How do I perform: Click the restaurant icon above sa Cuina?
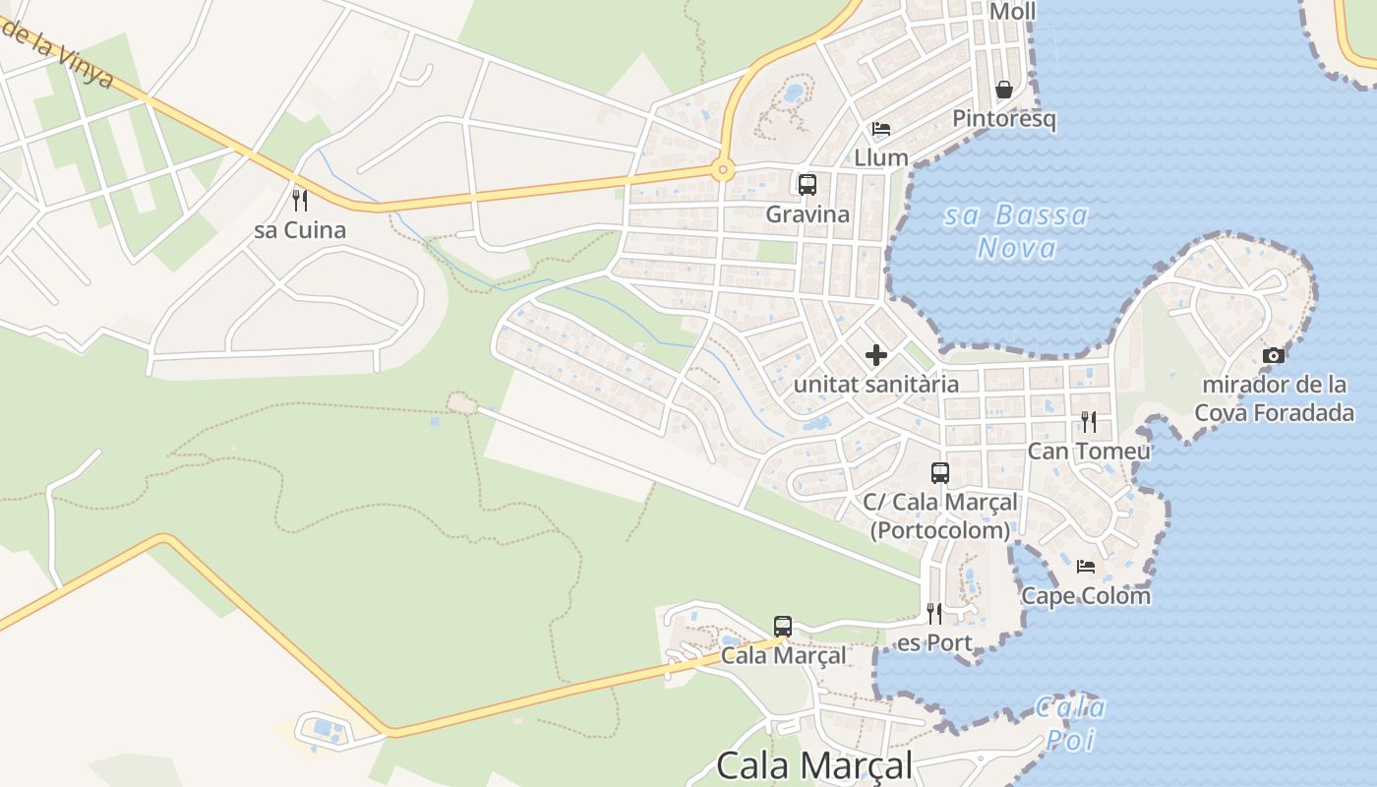click(300, 201)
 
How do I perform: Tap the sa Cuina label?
click(300, 230)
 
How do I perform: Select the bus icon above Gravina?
click(807, 184)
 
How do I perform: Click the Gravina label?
click(807, 213)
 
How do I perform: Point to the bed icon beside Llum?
click(880, 129)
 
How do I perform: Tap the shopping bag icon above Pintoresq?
click(1003, 90)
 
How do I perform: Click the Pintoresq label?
click(1003, 119)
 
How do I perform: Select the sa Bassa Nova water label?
click(1017, 231)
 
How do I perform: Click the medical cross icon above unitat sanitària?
click(875, 355)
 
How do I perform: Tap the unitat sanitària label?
click(875, 384)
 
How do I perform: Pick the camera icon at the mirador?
click(1273, 355)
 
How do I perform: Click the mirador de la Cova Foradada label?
click(1274, 398)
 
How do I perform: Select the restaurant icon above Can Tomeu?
click(1088, 422)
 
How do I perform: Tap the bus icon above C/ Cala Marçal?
click(939, 473)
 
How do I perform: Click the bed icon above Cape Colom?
click(1085, 567)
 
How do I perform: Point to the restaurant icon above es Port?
click(934, 614)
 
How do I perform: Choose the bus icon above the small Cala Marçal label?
click(782, 626)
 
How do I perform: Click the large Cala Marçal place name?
click(814, 765)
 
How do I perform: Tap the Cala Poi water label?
click(1070, 723)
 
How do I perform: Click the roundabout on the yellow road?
click(724, 170)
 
